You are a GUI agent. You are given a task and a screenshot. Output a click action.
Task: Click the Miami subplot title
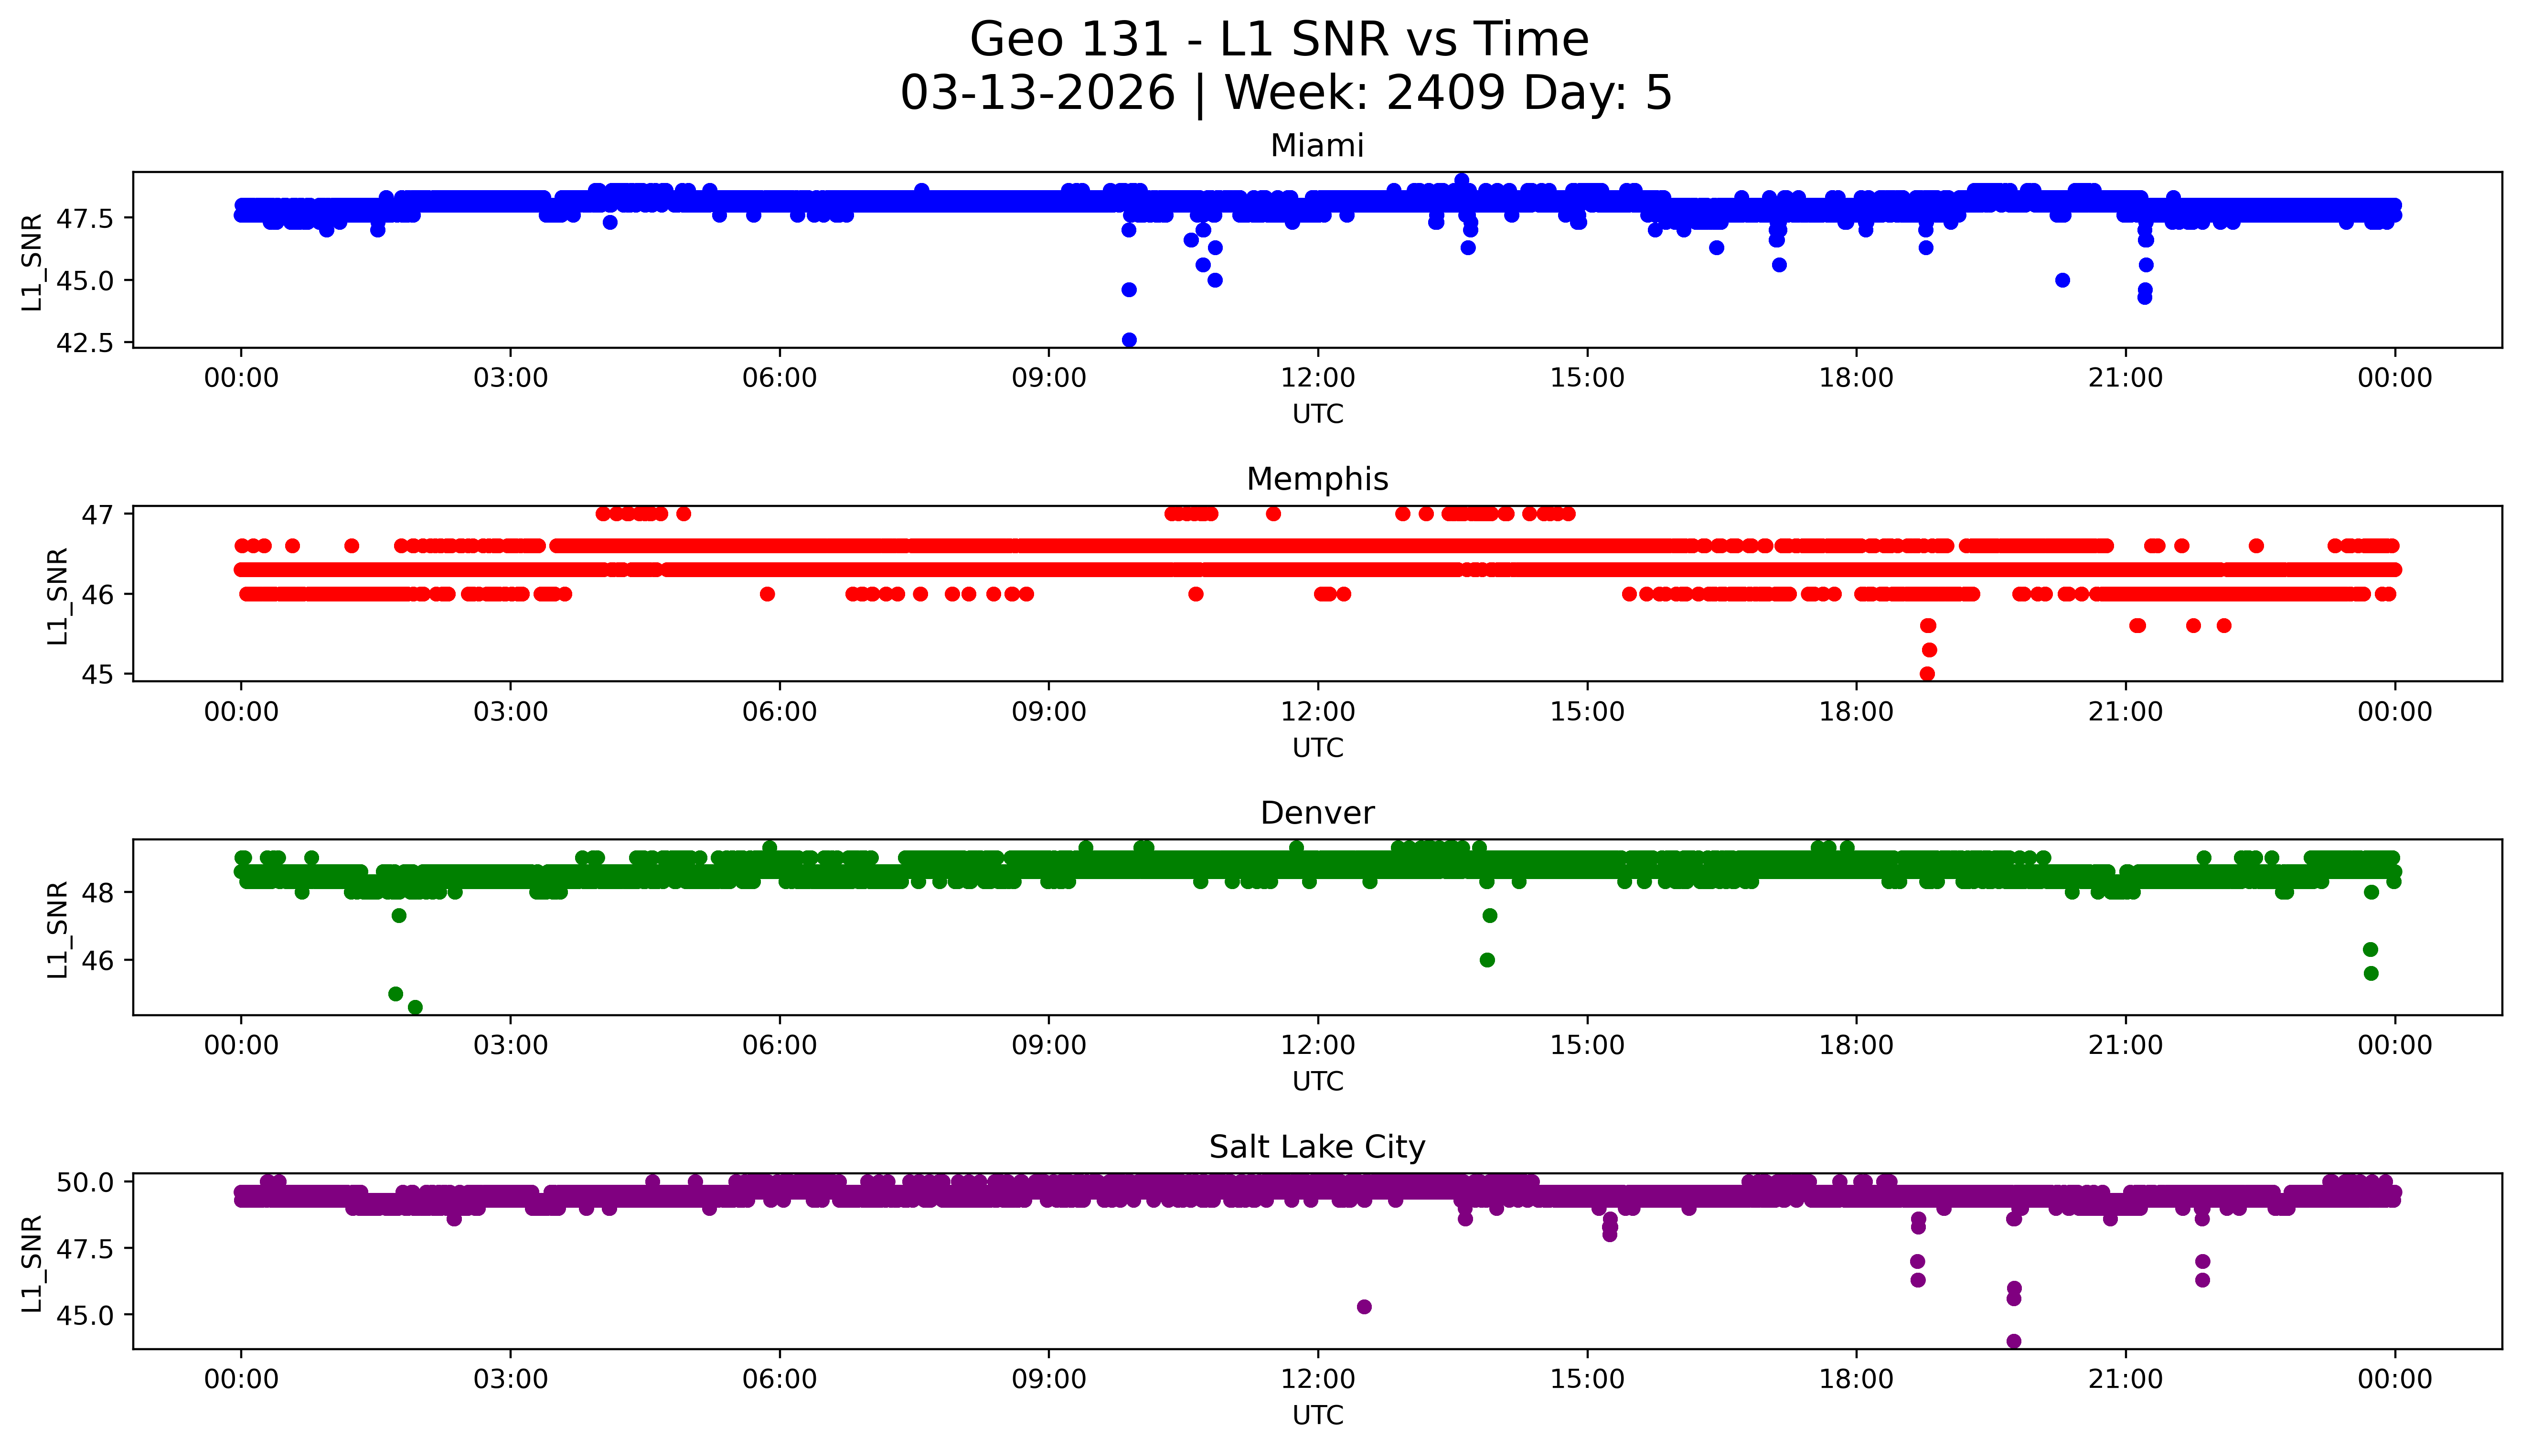(x=1316, y=146)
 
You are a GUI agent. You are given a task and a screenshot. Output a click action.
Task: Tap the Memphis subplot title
(x=1316, y=480)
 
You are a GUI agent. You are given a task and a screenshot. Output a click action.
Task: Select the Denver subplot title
(x=1316, y=813)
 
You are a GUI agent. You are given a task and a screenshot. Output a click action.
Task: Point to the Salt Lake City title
(x=1316, y=1148)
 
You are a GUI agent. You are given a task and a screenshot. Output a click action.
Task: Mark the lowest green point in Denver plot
(x=415, y=1007)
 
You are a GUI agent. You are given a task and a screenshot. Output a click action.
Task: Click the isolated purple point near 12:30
(x=1364, y=1307)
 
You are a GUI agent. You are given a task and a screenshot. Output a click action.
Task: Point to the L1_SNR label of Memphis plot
(x=58, y=595)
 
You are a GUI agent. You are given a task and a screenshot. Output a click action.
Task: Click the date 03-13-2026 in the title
(x=1037, y=94)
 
